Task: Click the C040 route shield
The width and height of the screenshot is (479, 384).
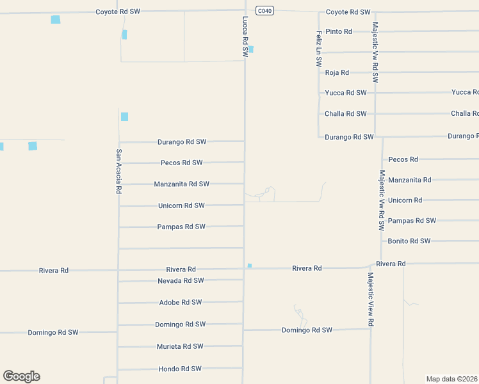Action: coord(264,10)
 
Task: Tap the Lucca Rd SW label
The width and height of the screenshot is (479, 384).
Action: coord(245,38)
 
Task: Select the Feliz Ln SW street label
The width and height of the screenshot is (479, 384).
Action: coord(319,49)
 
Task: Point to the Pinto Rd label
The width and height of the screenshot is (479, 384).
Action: coord(338,31)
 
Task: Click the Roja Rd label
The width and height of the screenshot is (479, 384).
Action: coord(337,72)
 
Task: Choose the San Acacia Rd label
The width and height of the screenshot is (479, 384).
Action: coord(118,172)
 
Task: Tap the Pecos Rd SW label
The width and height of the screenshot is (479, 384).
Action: coord(181,163)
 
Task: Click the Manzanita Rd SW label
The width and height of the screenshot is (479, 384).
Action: coord(181,184)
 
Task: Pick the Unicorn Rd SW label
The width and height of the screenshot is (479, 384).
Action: coord(181,205)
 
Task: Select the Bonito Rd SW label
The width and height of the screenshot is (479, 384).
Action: coord(409,241)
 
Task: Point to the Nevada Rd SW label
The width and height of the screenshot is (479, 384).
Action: coord(181,280)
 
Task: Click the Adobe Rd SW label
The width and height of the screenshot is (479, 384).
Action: coord(180,302)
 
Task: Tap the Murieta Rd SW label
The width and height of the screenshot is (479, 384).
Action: coord(180,346)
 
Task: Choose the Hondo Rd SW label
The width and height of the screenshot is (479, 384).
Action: coord(180,369)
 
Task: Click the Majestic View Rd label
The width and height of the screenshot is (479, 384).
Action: coord(371,300)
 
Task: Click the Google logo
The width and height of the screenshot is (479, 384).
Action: coord(21,376)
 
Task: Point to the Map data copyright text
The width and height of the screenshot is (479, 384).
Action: coord(452,378)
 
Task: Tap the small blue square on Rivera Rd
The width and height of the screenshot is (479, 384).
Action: coord(250,266)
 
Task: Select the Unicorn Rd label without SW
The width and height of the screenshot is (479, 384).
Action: coord(405,200)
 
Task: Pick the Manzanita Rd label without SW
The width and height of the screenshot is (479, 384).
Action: coord(409,180)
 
